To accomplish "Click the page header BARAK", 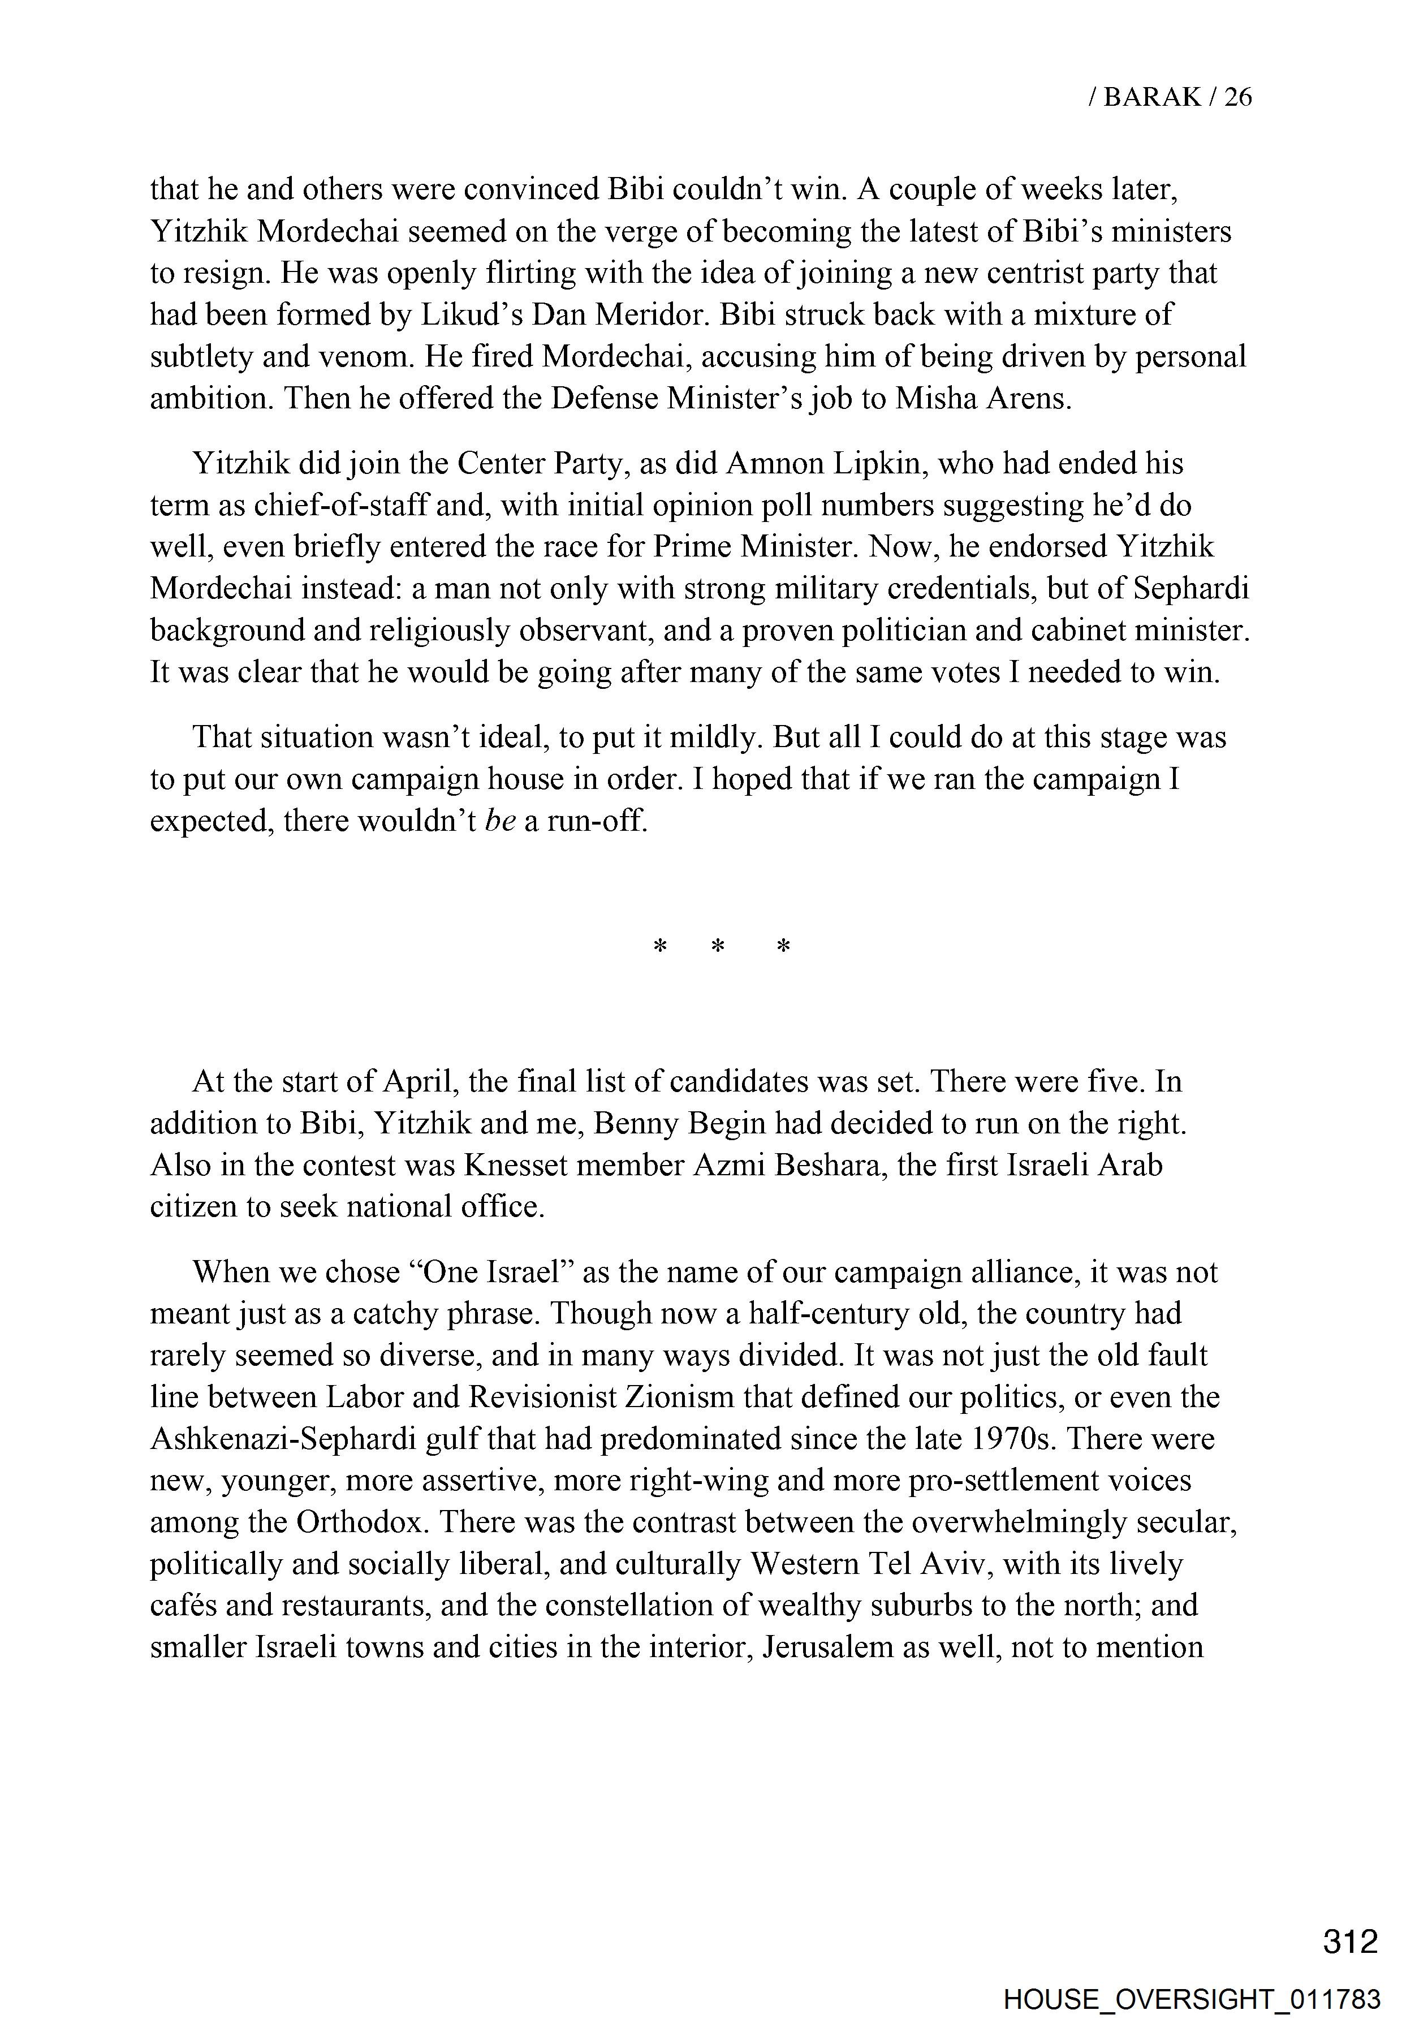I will tap(1151, 97).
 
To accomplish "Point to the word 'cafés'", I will tap(183, 1606).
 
